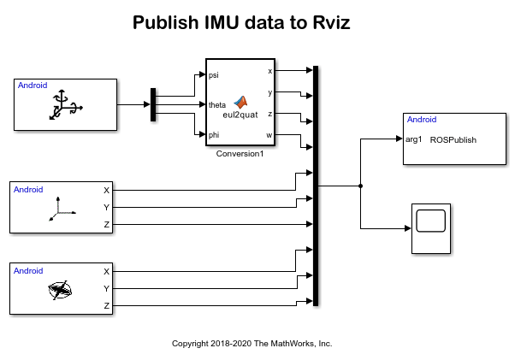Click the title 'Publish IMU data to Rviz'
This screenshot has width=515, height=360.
click(241, 23)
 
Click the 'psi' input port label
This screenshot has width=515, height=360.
click(214, 75)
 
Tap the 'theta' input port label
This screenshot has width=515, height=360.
click(217, 104)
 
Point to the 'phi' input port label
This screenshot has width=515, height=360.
click(214, 134)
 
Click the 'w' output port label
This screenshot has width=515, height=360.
click(270, 134)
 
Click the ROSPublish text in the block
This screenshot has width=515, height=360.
click(453, 139)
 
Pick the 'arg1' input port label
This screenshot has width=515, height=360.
click(414, 139)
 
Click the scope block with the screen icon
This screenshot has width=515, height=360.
click(430, 228)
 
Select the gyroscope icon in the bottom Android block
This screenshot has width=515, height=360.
click(60, 291)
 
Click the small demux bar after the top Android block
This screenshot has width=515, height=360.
click(153, 105)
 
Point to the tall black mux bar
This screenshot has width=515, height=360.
click(317, 185)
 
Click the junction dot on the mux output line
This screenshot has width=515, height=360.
click(361, 185)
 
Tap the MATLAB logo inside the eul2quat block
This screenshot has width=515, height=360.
click(240, 102)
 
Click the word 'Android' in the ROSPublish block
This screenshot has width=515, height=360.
click(422, 121)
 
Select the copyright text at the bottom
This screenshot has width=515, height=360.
click(252, 343)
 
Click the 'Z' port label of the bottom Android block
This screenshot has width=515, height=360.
click(106, 305)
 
